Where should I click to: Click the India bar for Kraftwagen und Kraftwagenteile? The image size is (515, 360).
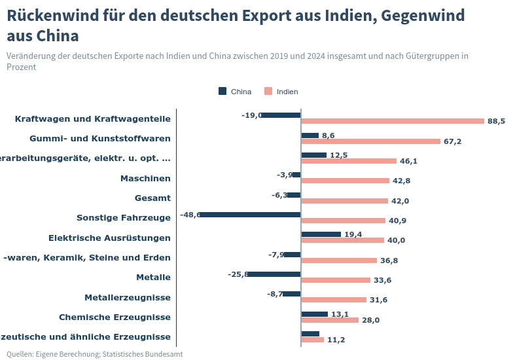pos(393,121)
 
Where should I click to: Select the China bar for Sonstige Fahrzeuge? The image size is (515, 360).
pos(250,215)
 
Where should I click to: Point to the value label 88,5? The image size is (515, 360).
pos(496,121)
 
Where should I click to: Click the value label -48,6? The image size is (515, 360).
pos(190,215)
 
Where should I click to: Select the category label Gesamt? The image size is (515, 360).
pos(152,198)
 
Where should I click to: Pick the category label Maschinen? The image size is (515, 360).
pos(145,178)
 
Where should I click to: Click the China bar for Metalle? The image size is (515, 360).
pos(274,274)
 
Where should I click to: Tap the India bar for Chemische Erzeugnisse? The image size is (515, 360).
pos(330,320)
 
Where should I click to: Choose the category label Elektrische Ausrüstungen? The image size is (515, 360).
pos(109,238)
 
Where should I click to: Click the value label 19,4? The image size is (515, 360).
pos(353,234)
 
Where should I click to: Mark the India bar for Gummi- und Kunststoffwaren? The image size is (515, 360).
pos(370,141)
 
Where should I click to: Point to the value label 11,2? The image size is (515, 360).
pos(336,340)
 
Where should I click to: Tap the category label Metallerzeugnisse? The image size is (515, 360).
pos(128,298)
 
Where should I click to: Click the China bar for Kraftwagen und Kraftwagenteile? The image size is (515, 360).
pos(281,115)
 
